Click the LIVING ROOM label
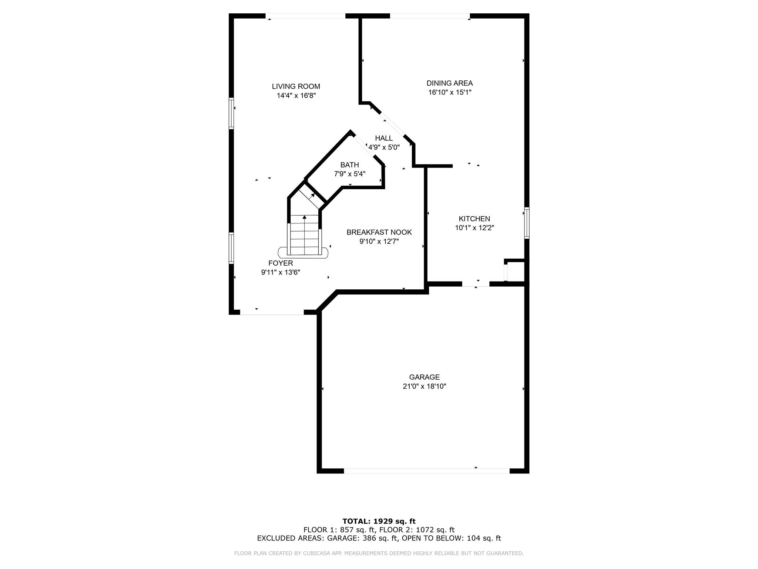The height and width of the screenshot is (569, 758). tap(296, 86)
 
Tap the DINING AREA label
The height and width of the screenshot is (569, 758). tap(449, 83)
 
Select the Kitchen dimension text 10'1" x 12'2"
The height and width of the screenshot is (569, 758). tap(474, 228)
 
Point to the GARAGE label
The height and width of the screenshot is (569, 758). tap(424, 377)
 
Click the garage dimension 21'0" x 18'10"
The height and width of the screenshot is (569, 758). tap(424, 386)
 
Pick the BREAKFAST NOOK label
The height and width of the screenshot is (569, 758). tap(379, 232)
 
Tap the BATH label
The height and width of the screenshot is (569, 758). tap(350, 165)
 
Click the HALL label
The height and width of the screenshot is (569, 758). tap(384, 138)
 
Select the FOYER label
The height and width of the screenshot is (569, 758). tap(281, 263)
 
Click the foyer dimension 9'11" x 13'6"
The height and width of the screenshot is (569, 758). tap(281, 272)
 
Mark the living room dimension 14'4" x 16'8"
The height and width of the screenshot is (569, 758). tap(296, 96)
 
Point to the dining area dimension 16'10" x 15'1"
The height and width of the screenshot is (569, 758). tap(450, 92)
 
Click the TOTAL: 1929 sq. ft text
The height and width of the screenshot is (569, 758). tap(379, 521)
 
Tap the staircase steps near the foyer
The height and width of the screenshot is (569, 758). tap(304, 235)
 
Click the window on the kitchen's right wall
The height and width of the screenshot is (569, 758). tap(527, 222)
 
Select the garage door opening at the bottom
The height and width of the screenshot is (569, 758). tap(427, 471)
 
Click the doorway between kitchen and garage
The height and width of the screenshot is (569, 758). tap(476, 284)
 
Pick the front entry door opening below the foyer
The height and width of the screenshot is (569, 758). tap(272, 312)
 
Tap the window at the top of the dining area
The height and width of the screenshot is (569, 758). tap(430, 16)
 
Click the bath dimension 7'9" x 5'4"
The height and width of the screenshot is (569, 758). tap(350, 174)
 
